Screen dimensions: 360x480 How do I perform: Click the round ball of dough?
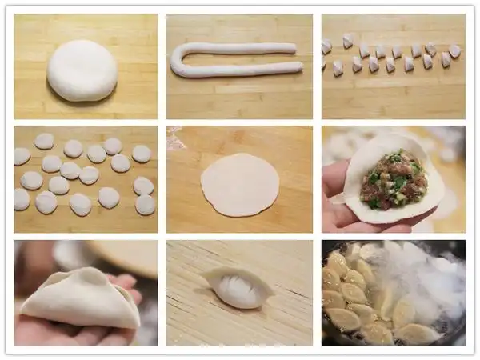tap(82, 70)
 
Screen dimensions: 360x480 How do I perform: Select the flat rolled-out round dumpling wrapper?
tap(240, 184)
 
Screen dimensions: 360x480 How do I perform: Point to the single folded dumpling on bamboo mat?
tap(238, 286)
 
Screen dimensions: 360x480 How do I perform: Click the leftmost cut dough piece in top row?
tap(326, 46)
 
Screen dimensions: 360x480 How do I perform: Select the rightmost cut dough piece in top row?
tap(454, 50)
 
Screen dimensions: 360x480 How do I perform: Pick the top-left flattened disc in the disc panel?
tap(44, 141)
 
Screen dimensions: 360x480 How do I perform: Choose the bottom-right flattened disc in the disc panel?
tap(145, 205)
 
